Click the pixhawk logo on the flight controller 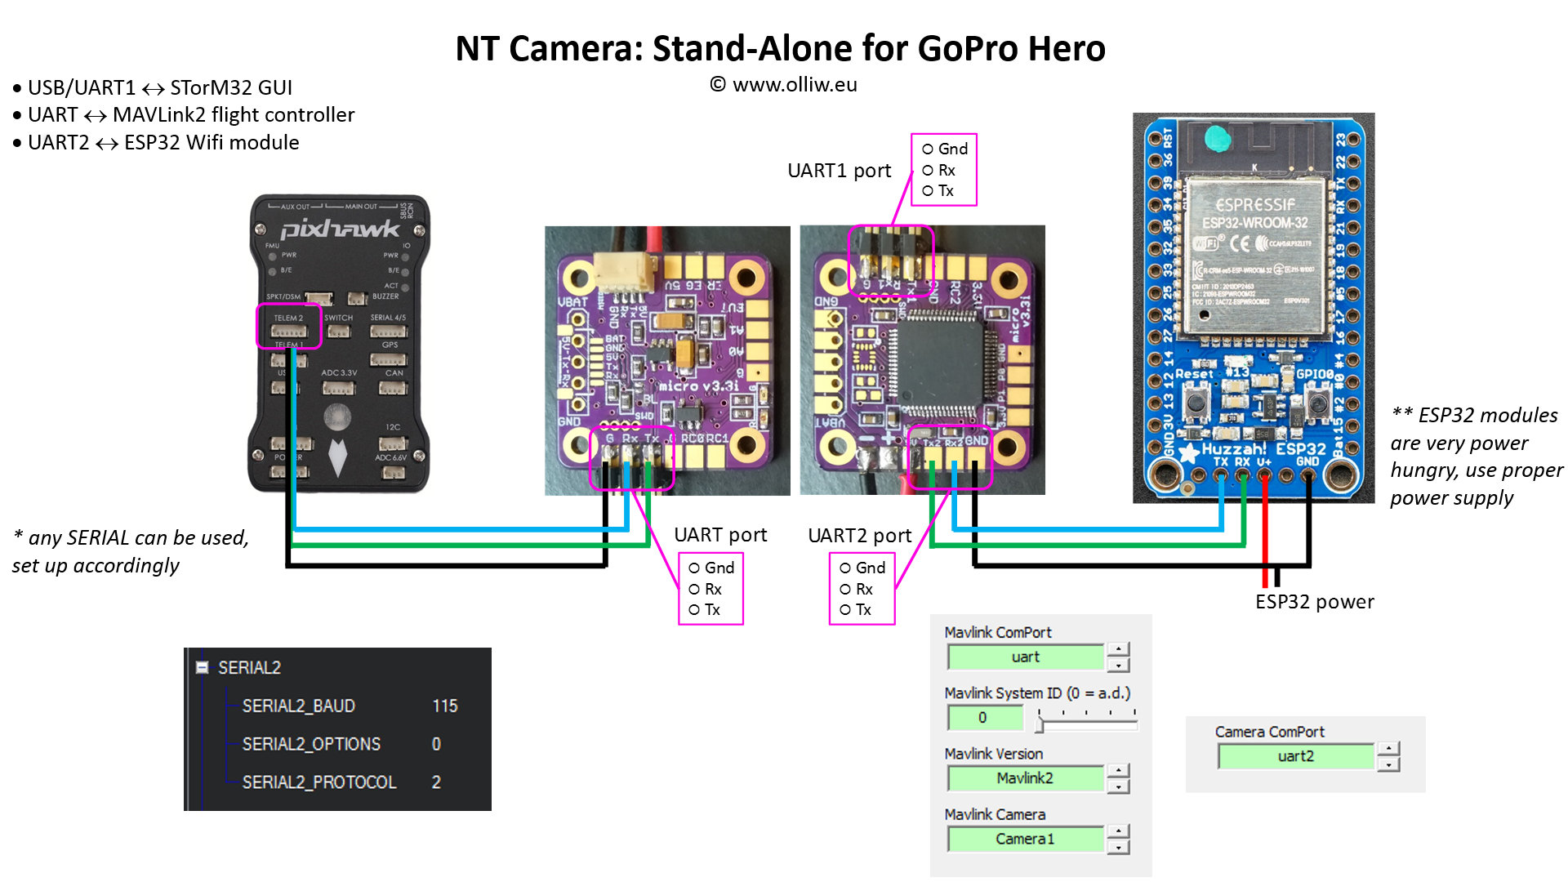[x=340, y=229]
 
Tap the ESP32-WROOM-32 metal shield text [x=1254, y=223]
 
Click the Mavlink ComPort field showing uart [x=1026, y=657]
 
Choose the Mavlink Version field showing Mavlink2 [x=1026, y=778]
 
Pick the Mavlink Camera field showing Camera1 [x=1026, y=839]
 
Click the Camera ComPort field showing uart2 [x=1295, y=756]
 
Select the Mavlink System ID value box [x=983, y=718]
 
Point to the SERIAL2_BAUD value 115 [x=445, y=706]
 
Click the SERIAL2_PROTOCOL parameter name [x=319, y=782]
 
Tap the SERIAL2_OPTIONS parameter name [x=311, y=744]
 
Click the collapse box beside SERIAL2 [x=202, y=668]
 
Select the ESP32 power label [x=1314, y=602]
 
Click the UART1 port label [x=839, y=171]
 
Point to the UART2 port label [x=859, y=536]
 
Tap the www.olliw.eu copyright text [x=784, y=85]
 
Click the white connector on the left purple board [x=625, y=270]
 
